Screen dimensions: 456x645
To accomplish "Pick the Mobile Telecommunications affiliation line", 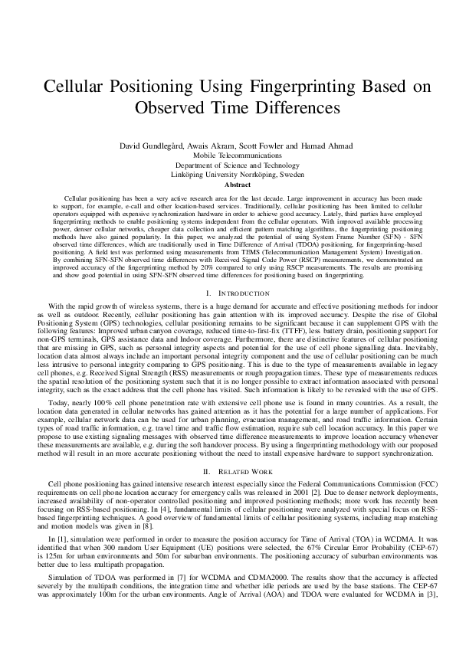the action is (228, 155).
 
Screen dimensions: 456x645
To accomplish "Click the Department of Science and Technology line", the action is (228, 165).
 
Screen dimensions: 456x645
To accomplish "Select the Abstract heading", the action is (228, 185).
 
